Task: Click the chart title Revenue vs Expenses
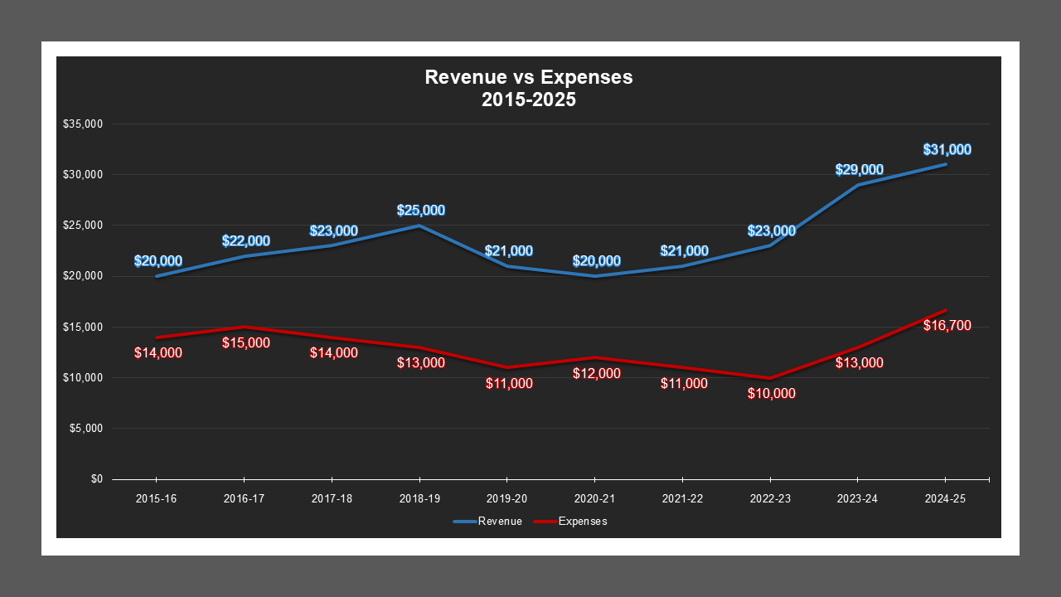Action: (529, 77)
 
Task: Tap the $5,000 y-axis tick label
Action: (85, 429)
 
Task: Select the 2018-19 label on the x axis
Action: (419, 499)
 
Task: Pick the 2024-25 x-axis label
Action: (946, 499)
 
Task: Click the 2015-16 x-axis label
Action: (157, 499)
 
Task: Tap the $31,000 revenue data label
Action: (947, 150)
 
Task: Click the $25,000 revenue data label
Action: (420, 211)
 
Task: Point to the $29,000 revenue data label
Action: (859, 170)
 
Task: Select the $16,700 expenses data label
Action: (947, 326)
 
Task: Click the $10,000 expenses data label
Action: (771, 394)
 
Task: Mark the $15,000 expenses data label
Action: (245, 342)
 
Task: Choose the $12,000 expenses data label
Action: (596, 374)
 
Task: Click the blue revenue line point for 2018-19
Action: (419, 226)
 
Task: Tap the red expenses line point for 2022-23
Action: (771, 378)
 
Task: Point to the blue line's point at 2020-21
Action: (595, 276)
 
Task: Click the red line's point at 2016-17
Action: (245, 327)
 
